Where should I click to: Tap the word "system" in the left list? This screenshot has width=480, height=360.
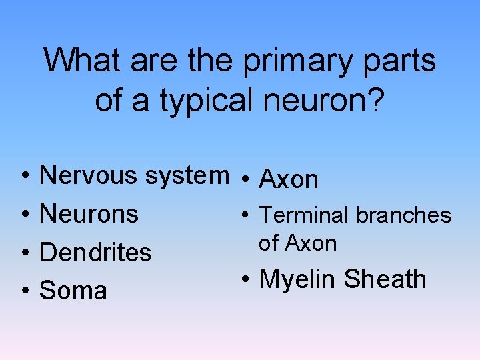(187, 175)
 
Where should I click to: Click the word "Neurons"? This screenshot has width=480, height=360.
(89, 214)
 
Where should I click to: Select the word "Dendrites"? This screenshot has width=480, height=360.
(96, 253)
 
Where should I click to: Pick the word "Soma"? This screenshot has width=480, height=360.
(73, 291)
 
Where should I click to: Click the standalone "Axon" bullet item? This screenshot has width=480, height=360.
(289, 179)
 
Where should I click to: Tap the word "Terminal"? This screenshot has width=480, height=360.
(304, 215)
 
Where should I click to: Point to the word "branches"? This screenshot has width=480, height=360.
(403, 215)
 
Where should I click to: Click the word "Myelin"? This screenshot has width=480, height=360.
(297, 279)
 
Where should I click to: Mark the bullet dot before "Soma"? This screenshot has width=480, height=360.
(24, 291)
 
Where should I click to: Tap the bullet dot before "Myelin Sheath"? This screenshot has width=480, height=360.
(245, 279)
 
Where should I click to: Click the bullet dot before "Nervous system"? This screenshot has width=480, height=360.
(24, 176)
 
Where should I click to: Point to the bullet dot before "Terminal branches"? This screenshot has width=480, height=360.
(245, 215)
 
